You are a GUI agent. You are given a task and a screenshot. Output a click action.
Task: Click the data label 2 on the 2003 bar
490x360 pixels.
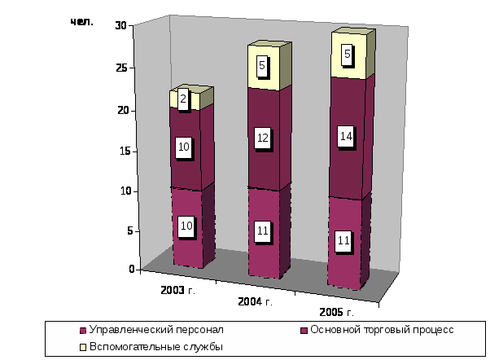coord(183,99)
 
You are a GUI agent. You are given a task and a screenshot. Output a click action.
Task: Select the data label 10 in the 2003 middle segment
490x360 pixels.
coord(184,147)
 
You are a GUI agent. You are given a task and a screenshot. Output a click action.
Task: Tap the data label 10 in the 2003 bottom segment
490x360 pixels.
coord(186,226)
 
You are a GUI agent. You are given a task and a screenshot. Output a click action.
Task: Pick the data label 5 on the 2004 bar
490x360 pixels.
coord(262,64)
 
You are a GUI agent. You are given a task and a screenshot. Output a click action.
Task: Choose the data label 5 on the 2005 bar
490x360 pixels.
coord(348,55)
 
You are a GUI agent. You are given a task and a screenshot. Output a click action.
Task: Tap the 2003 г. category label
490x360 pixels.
coord(178,289)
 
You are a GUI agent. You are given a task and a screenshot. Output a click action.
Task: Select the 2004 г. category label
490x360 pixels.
coord(254,302)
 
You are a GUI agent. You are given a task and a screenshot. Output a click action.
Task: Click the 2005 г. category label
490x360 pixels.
coord(333,312)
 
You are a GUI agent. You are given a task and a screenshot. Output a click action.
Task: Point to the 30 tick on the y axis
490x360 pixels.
coord(120,25)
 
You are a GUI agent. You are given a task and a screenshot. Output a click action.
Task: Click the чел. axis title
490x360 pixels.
coord(82,22)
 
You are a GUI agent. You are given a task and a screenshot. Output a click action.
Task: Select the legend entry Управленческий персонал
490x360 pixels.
coord(155,330)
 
